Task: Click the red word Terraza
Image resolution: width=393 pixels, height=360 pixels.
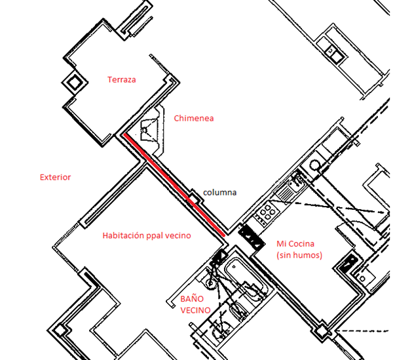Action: pyautogui.click(x=122, y=79)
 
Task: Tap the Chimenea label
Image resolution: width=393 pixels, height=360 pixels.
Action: pyautogui.click(x=194, y=119)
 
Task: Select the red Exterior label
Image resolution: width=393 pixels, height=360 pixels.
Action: pyautogui.click(x=55, y=177)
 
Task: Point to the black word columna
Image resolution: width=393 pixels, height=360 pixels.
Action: pyautogui.click(x=219, y=193)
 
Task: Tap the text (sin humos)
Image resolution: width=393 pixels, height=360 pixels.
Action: pyautogui.click(x=299, y=255)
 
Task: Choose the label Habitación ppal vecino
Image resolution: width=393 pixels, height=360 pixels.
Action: pyautogui.click(x=147, y=235)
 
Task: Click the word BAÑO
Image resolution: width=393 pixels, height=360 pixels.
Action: pyautogui.click(x=193, y=298)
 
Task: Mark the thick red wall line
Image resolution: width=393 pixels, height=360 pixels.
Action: pyautogui.click(x=174, y=185)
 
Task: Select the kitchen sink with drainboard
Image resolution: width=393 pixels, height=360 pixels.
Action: pyautogui.click(x=286, y=191)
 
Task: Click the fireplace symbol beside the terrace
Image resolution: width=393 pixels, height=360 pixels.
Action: pyautogui.click(x=150, y=125)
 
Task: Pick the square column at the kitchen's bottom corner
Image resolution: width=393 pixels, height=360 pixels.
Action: pyautogui.click(x=321, y=332)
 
